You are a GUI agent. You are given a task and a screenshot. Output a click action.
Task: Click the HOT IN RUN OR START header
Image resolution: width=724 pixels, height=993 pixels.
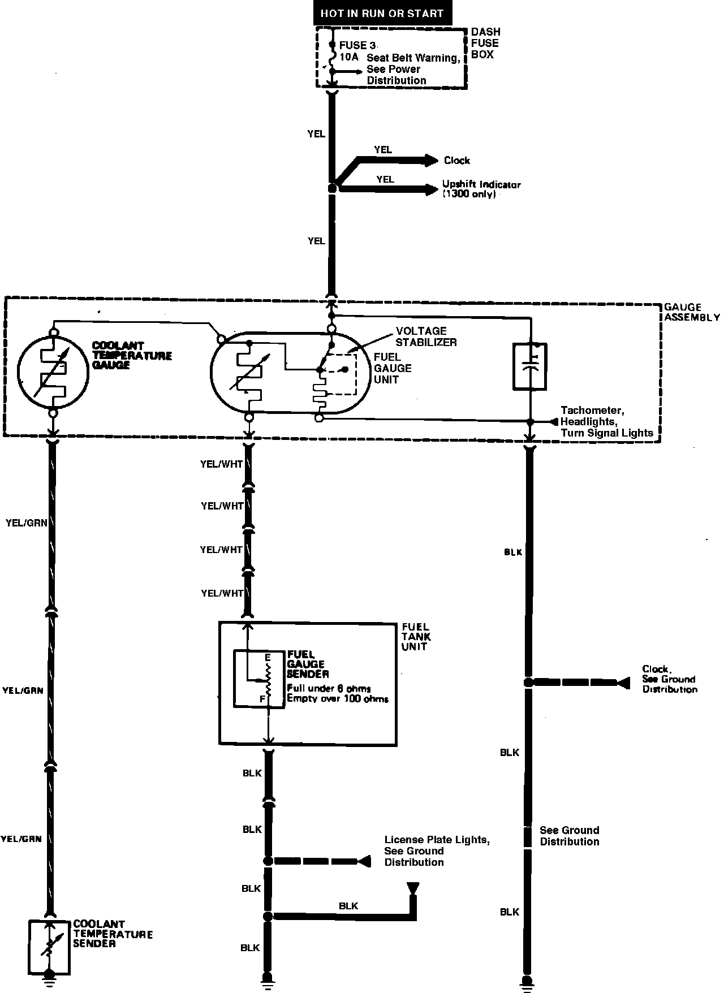click(x=382, y=13)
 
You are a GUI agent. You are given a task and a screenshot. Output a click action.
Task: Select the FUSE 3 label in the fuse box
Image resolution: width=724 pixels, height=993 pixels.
click(x=357, y=46)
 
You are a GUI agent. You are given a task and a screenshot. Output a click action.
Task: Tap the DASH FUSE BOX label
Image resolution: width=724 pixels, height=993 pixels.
click(x=485, y=43)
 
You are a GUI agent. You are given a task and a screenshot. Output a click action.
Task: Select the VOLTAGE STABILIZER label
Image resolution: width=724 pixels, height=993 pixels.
click(x=425, y=336)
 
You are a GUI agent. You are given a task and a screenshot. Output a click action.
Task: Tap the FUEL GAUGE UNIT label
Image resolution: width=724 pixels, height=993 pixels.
click(x=393, y=368)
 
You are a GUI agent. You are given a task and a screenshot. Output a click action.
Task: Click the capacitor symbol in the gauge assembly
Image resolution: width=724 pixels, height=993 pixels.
click(x=530, y=366)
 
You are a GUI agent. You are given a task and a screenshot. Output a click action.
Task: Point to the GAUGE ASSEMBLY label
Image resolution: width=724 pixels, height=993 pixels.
click(x=691, y=312)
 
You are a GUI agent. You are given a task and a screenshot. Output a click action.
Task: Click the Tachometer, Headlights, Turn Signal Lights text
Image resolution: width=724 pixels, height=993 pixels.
click(x=606, y=422)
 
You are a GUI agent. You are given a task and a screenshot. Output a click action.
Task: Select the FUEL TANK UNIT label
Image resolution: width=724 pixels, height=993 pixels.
click(x=416, y=636)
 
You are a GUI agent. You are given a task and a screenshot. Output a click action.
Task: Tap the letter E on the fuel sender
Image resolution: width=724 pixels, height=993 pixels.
click(x=268, y=657)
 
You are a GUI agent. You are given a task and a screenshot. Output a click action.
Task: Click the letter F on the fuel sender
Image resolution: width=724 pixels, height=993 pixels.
click(x=262, y=699)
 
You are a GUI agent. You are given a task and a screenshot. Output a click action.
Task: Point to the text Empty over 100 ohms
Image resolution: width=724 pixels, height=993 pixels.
click(x=338, y=698)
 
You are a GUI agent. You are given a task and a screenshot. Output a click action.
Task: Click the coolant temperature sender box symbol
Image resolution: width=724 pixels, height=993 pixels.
click(x=50, y=947)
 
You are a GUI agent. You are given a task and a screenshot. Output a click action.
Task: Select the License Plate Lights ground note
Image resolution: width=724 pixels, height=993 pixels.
click(x=437, y=851)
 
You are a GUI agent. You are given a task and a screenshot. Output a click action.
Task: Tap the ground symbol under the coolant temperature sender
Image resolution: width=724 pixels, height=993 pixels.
click(x=50, y=977)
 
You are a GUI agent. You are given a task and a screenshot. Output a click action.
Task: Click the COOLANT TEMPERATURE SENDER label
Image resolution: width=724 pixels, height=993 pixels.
click(x=113, y=934)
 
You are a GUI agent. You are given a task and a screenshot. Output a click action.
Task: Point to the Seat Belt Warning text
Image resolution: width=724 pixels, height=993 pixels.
click(x=413, y=58)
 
